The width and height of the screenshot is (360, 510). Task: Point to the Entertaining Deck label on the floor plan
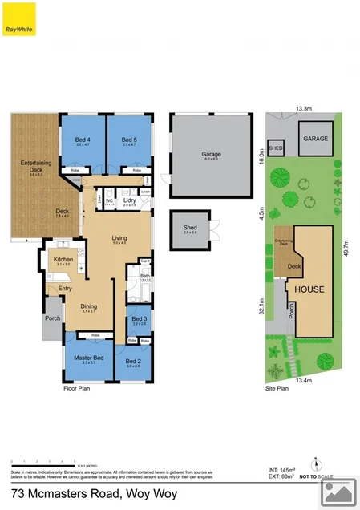coord(35,166)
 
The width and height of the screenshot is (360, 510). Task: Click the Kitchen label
coord(63,260)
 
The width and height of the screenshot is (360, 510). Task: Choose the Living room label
coord(119,238)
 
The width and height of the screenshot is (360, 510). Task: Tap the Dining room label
coord(89,306)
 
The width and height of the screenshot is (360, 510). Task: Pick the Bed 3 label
coord(138,319)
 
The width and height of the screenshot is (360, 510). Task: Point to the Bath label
coord(145,277)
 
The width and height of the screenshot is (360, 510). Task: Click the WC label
coord(110,202)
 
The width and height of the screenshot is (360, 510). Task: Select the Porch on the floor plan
coord(52,318)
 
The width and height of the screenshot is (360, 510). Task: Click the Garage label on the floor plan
coord(211,156)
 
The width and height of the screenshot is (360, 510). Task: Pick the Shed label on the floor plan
coord(190,229)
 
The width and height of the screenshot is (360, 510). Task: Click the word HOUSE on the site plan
coord(309,288)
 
